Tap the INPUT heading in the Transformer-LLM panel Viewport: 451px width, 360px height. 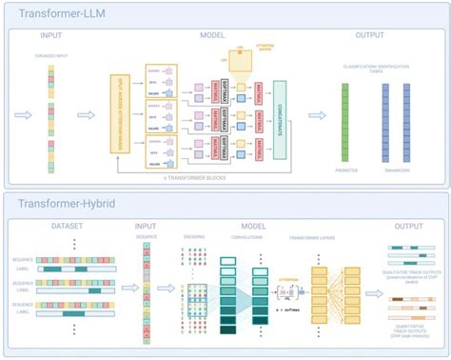[x=52, y=35]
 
